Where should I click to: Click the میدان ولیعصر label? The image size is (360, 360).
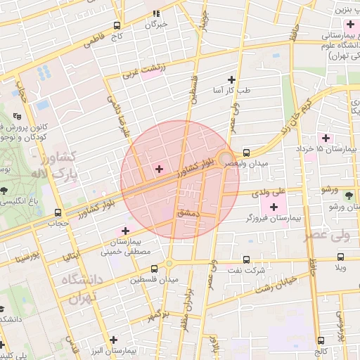[x=245, y=163]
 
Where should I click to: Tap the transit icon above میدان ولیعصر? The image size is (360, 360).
[x=246, y=152]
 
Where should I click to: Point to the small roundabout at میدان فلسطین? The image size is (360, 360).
[x=169, y=264]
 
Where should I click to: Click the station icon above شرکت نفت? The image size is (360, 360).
[x=246, y=259]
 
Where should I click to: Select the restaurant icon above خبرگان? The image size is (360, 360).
[x=157, y=13]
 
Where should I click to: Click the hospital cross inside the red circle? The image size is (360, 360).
[x=158, y=169]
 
